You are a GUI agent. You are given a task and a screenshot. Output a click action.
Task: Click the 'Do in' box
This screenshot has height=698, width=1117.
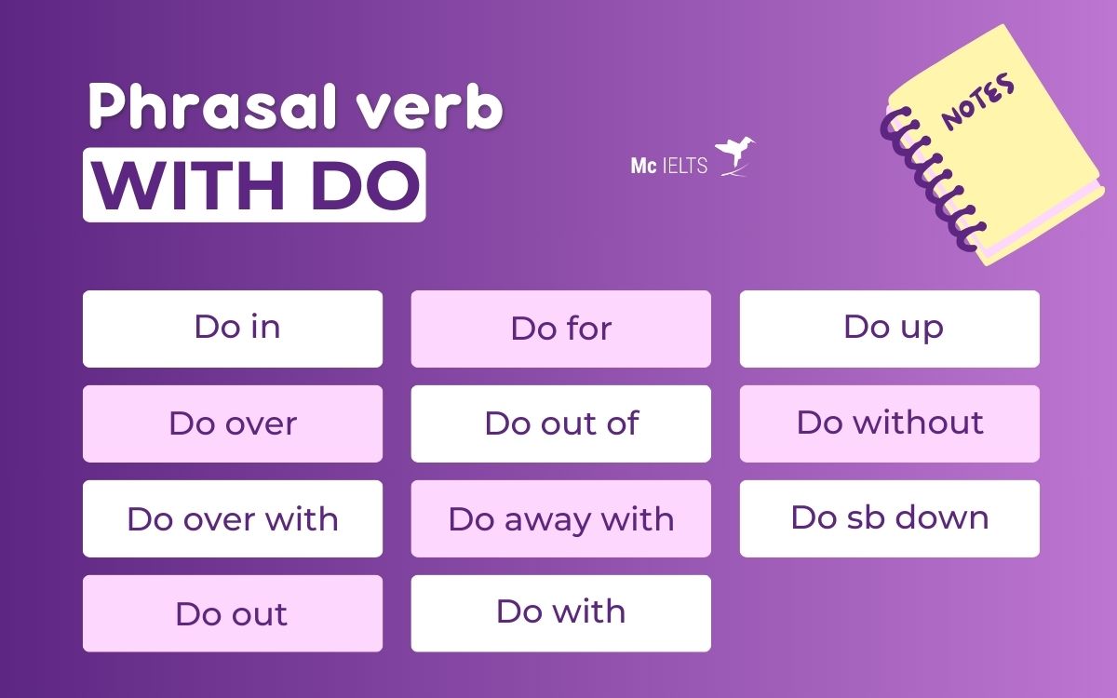[233, 329]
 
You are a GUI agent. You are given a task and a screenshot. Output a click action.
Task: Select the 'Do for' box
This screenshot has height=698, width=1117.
[560, 329]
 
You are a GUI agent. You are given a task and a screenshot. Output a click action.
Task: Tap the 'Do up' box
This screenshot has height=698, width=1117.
[889, 329]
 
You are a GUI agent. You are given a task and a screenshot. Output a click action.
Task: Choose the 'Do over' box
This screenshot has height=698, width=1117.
[233, 423]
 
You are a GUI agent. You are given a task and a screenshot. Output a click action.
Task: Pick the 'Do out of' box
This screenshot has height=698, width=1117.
[560, 423]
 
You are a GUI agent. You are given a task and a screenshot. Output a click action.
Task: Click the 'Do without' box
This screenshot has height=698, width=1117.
[889, 423]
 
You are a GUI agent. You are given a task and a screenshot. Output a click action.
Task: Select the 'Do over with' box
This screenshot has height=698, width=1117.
[233, 518]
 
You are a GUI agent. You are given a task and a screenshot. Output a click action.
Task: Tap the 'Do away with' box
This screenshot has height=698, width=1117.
[560, 518]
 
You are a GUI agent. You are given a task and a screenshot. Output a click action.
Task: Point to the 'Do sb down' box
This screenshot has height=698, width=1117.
[889, 518]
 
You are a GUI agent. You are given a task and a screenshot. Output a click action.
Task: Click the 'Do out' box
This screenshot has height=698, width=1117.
[233, 613]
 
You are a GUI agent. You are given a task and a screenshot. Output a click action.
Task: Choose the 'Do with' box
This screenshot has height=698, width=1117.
[560, 613]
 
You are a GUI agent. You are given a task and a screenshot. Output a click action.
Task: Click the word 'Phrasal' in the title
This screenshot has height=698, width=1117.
[191, 110]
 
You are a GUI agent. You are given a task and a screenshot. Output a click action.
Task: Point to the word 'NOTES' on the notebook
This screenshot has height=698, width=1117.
[978, 102]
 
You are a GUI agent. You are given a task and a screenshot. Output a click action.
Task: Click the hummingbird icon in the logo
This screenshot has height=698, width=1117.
[735, 156]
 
